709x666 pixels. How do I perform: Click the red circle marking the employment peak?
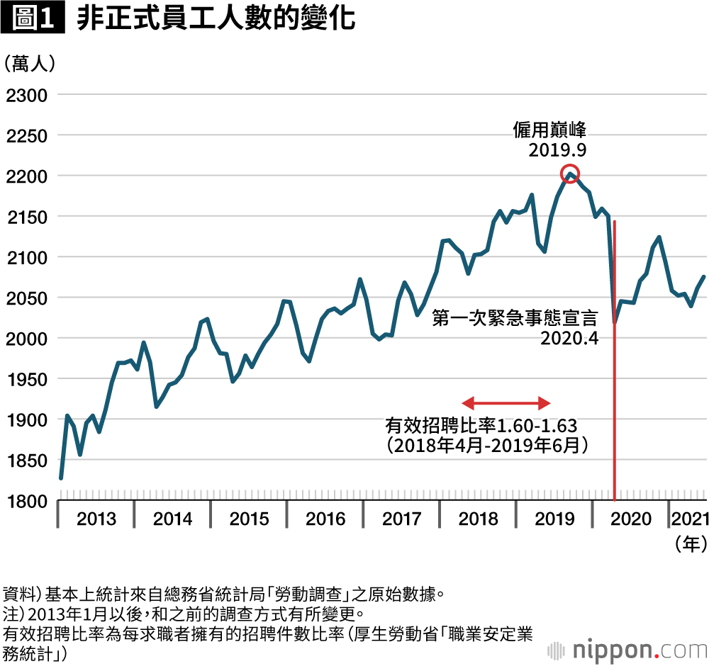tap(570, 174)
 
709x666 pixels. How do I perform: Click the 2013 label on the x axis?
tap(96, 519)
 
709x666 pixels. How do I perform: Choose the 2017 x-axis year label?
tap(402, 519)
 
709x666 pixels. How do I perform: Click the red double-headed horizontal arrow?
tap(506, 403)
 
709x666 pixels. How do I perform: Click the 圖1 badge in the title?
tap(33, 19)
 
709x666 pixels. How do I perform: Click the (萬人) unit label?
tap(29, 63)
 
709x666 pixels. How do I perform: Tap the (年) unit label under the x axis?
tap(688, 544)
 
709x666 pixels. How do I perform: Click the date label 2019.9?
tap(557, 150)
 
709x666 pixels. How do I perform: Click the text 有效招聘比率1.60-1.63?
tap(481, 426)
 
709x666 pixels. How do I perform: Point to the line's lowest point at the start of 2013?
tap(61, 478)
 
